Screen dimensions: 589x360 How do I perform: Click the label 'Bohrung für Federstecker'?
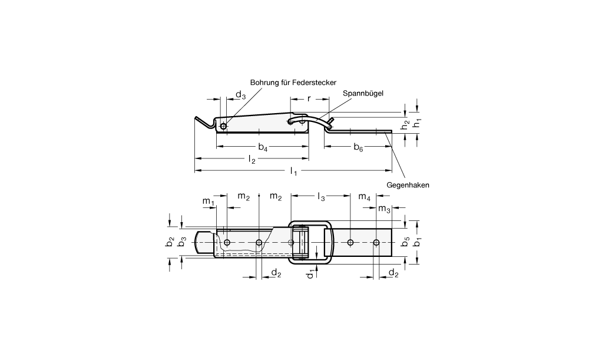[293, 82]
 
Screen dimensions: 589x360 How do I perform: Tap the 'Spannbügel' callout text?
[363, 94]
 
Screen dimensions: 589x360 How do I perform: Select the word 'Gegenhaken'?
[408, 185]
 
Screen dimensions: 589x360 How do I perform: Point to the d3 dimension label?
[240, 95]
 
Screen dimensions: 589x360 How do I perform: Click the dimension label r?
[309, 99]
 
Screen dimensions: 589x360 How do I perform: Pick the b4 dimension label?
[263, 147]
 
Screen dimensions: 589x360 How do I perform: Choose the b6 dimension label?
[358, 147]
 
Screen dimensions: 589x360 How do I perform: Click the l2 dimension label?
[252, 160]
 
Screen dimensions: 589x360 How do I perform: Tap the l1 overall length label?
[294, 171]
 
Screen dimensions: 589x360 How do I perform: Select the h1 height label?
[416, 122]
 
